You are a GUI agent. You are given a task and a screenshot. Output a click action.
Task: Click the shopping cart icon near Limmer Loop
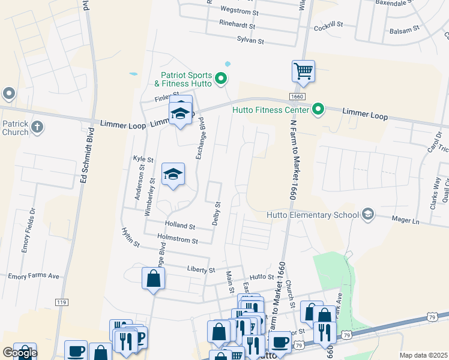(x=304, y=71)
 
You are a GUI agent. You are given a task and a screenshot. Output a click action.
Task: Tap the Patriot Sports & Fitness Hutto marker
(x=221, y=78)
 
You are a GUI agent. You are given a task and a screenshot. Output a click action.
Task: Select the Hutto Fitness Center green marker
(x=319, y=109)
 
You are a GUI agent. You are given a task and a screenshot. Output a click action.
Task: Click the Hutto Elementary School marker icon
(x=367, y=214)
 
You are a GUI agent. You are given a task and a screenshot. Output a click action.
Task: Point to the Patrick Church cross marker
(x=37, y=127)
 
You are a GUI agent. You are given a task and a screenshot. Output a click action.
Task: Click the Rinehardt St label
(x=238, y=26)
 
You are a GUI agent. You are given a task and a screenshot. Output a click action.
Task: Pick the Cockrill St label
(x=328, y=25)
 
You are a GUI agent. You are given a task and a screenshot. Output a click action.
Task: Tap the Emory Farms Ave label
(x=34, y=277)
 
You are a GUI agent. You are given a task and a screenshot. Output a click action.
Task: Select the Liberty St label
(x=200, y=270)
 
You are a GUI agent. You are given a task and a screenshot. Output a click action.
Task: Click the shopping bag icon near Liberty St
(x=153, y=278)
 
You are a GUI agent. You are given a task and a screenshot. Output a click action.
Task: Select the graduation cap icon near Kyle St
(x=173, y=174)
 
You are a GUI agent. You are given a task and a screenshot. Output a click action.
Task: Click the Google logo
(x=20, y=353)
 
